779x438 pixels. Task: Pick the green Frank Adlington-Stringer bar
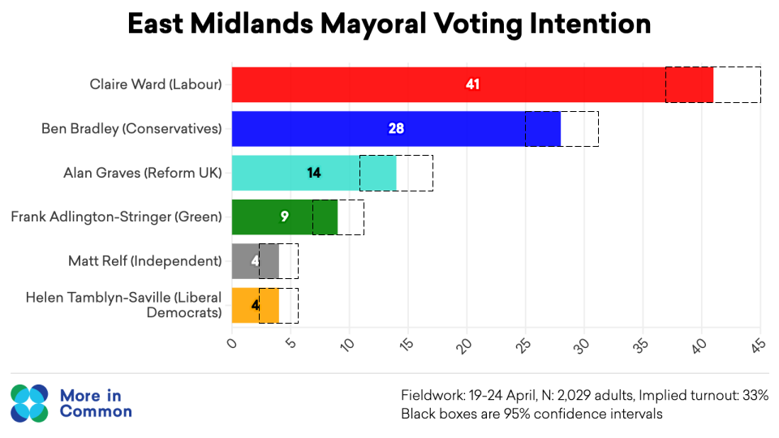coord(260,217)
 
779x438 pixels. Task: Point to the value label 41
coord(473,84)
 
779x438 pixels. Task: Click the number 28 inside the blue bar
coord(396,128)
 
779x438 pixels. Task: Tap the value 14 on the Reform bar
coord(314,172)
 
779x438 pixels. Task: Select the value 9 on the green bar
coord(284,217)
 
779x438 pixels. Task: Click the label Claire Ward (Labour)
coord(155,84)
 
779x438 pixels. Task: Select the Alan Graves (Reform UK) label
coord(142,172)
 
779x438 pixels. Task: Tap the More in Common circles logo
coord(30,404)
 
